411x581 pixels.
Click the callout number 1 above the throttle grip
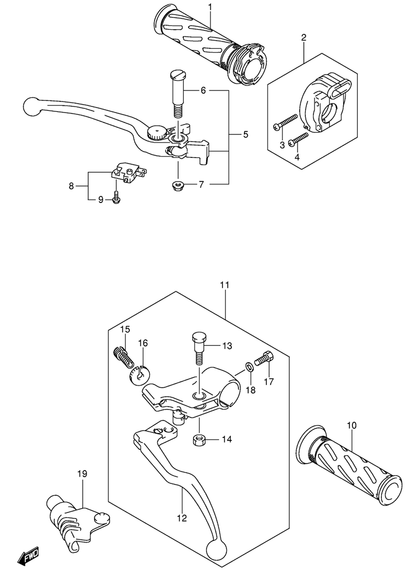(210, 7)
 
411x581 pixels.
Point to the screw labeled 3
(286, 122)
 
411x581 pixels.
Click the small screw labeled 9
(116, 197)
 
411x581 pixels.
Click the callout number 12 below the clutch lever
(182, 518)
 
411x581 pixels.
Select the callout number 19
(82, 473)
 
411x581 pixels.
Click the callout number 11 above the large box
(225, 285)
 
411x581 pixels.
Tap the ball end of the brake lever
(32, 106)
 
